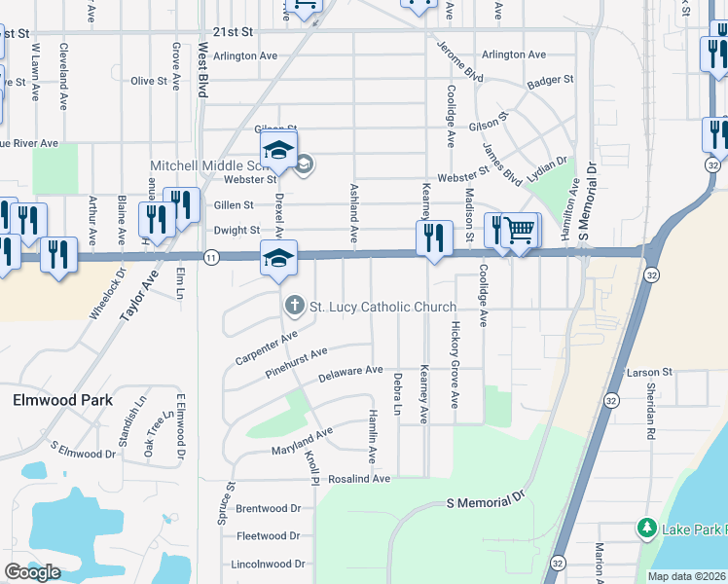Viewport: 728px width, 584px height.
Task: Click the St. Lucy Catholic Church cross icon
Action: coord(293,307)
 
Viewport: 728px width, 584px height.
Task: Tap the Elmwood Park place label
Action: coord(62,400)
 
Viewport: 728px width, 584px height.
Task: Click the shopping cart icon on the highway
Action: coord(522,231)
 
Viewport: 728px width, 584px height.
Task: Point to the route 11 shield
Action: coord(211,256)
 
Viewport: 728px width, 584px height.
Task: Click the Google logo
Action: coord(32,572)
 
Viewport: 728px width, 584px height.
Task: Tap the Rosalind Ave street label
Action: coord(359,479)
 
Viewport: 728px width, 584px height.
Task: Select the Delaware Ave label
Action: coord(350,372)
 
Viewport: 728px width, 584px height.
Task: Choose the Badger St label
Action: coord(550,81)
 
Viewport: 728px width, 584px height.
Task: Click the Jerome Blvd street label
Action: coord(459,61)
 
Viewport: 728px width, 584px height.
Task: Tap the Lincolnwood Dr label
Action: coord(269,564)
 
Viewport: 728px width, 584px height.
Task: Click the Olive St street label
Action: coord(150,81)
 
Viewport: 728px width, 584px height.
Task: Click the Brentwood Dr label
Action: coord(268,508)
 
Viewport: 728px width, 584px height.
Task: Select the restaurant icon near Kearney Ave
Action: coord(433,237)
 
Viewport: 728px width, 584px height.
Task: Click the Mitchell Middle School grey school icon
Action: coord(304,164)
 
